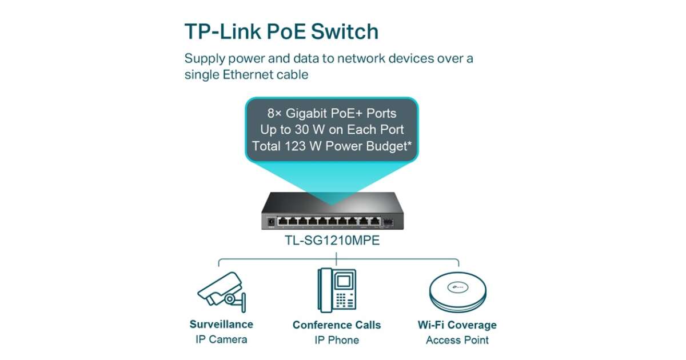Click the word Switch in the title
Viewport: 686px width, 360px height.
(x=344, y=31)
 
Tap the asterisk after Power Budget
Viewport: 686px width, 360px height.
(x=409, y=144)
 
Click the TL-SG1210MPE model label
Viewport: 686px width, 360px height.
(x=332, y=241)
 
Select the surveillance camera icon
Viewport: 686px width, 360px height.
(x=221, y=291)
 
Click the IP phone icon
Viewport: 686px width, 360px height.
(x=337, y=290)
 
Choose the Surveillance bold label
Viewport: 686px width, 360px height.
(x=221, y=325)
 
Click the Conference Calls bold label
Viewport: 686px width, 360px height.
(x=337, y=325)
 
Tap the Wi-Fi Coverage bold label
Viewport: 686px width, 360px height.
(x=457, y=325)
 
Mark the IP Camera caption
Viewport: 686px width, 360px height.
(x=221, y=339)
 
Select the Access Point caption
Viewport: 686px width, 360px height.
(x=457, y=340)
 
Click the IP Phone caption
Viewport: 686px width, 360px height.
(x=337, y=340)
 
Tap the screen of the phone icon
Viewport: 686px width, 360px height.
(x=344, y=282)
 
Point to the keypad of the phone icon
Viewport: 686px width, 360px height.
(x=344, y=301)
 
